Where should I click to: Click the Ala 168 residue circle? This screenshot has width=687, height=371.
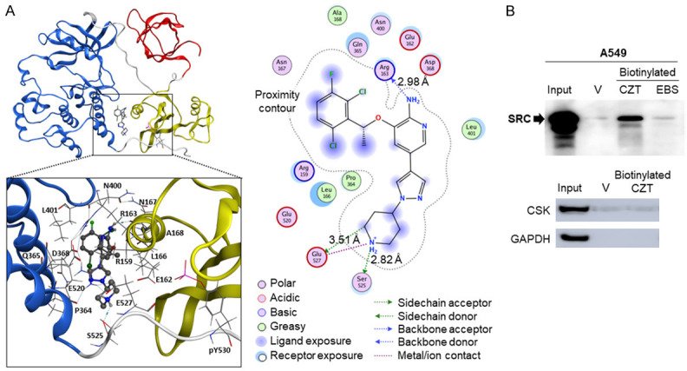[337, 17]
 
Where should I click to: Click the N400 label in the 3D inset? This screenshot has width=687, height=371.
[112, 186]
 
